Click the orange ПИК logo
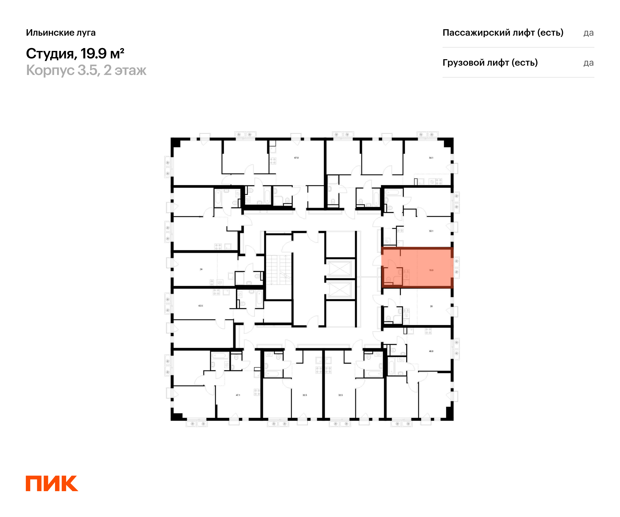52,483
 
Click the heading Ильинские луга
61,33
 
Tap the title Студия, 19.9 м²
75,54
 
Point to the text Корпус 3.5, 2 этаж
86,70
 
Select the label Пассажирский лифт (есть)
503,33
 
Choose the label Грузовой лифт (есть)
490,63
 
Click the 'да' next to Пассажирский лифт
588,33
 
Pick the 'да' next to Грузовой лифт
588,63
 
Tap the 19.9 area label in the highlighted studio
431,270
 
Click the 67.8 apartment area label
296,158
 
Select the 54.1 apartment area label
431,158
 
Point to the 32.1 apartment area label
431,231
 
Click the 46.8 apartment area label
431,351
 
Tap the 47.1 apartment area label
238,395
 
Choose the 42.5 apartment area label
200,306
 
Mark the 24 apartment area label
201,269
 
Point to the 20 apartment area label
431,306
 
